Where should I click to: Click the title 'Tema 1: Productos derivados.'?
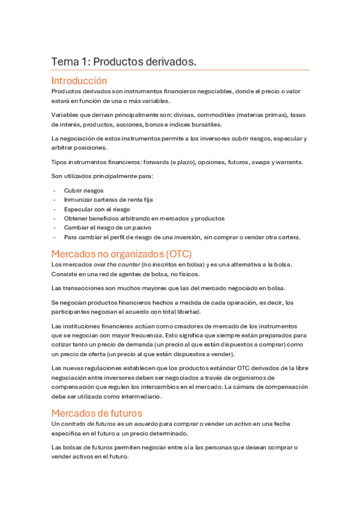(x=124, y=62)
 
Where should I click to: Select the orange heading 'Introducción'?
(x=79, y=81)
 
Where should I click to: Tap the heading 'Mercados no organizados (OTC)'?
(x=121, y=253)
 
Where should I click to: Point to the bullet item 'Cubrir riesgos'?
(x=84, y=190)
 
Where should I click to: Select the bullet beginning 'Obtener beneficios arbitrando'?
(x=144, y=218)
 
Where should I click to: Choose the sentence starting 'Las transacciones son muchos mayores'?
(x=168, y=288)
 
